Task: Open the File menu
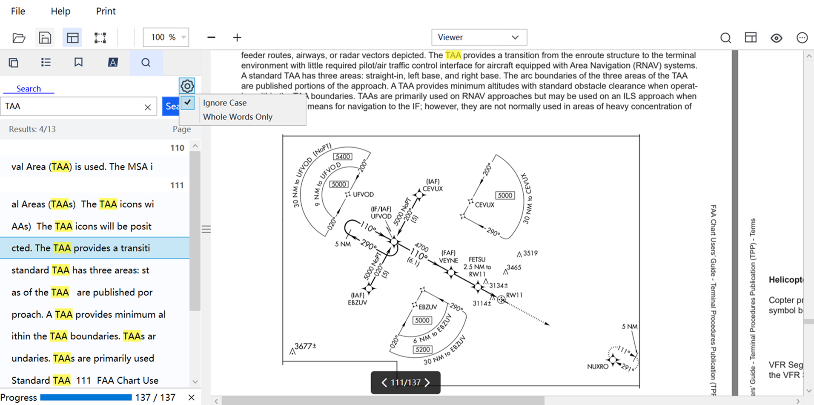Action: tap(18, 11)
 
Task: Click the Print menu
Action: tap(106, 11)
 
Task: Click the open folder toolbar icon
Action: tap(19, 38)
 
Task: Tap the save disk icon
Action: tap(45, 38)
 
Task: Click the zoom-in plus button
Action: tap(237, 37)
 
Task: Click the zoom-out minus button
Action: tap(211, 37)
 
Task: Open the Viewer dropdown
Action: tap(479, 37)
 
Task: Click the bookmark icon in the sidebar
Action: tap(78, 63)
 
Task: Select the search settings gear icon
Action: tap(187, 86)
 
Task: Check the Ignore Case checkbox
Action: tap(188, 102)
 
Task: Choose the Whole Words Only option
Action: tap(238, 117)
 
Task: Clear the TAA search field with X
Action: tap(148, 107)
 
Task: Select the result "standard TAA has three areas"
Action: tap(80, 270)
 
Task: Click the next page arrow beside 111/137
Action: tap(427, 382)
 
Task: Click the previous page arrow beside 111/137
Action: tap(384, 382)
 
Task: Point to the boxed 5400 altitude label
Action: tap(343, 156)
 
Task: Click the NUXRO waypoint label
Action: tap(597, 366)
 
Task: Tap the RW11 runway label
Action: tap(514, 295)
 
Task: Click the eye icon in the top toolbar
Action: tap(776, 38)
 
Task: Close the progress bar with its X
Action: tap(192, 397)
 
